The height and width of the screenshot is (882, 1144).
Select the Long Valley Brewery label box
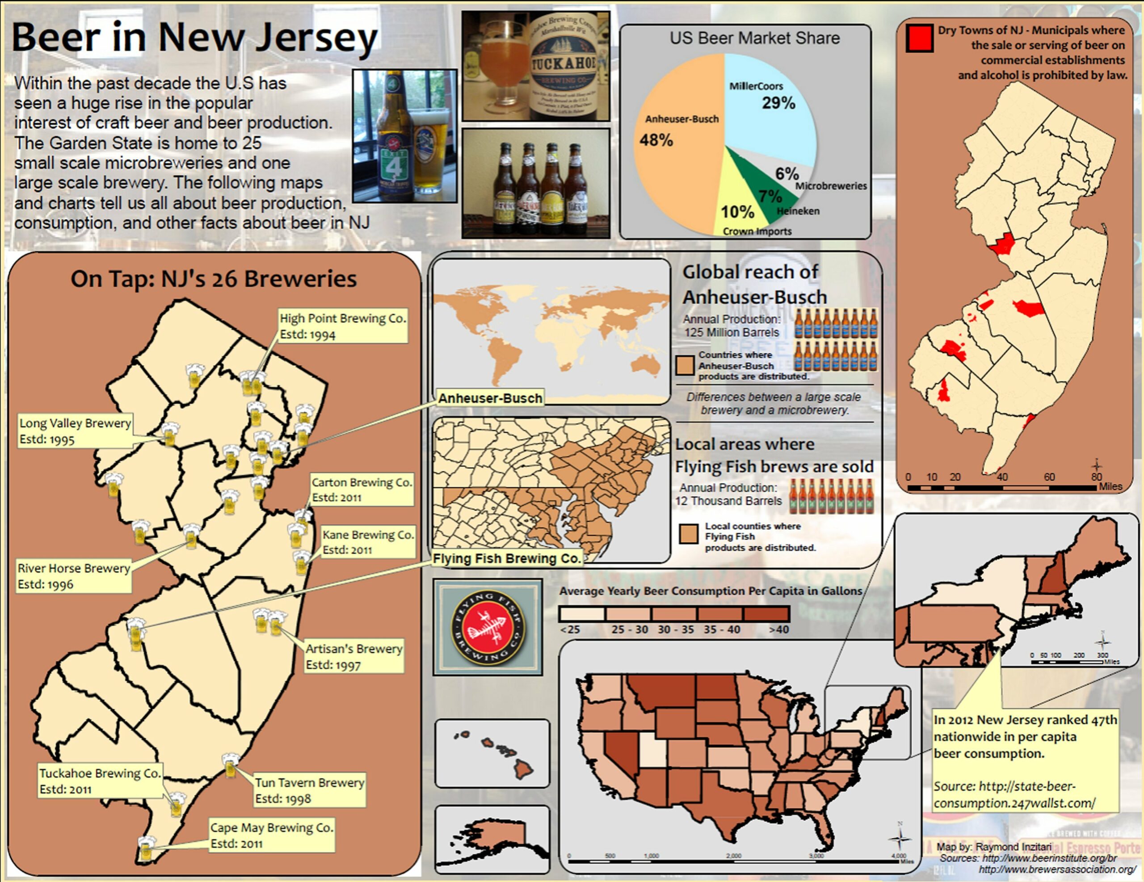pos(74,431)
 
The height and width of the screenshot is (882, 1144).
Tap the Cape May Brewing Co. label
pos(271,836)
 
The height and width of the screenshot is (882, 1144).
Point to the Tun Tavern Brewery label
pos(309,790)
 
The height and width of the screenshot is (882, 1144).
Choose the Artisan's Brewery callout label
pos(353,656)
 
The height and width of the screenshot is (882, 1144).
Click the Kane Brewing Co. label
pos(368,542)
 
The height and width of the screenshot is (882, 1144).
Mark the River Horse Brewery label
pos(73,576)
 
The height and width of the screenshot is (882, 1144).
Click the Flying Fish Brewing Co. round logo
pos(488,627)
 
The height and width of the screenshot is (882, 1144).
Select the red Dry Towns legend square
pos(919,38)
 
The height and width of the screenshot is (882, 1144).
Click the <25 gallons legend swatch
pos(581,614)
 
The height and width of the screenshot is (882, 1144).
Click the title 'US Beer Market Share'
pos(754,38)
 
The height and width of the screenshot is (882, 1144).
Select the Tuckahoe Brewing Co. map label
pos(100,781)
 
